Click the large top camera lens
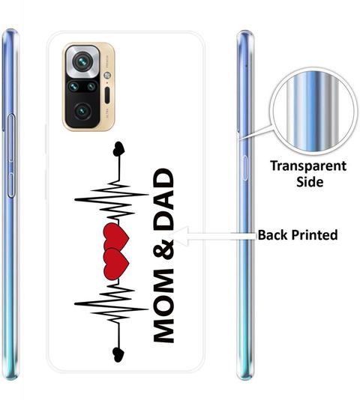click(82, 61)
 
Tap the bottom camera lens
click(82, 112)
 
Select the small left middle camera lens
click(73, 87)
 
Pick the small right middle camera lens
click(91, 87)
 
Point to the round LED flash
click(107, 76)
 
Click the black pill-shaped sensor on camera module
click(107, 95)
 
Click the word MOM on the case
click(163, 306)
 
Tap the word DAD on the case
click(163, 199)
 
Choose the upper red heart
click(115, 237)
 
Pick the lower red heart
click(115, 264)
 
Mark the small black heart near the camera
click(118, 148)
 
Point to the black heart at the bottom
click(118, 354)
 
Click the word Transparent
click(308, 166)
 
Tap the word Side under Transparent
click(310, 182)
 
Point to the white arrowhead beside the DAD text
click(178, 236)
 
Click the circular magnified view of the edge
click(313, 111)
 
